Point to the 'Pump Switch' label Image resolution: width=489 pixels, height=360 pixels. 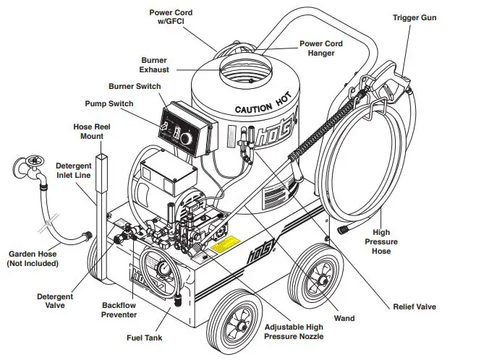pyautogui.click(x=109, y=103)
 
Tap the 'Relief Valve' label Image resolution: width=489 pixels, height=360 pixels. pyautogui.click(x=414, y=307)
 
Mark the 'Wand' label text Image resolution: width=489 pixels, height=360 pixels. pyautogui.click(x=343, y=317)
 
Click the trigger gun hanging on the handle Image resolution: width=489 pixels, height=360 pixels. pyautogui.click(x=391, y=81)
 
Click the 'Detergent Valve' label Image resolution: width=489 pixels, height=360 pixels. pyautogui.click(x=55, y=301)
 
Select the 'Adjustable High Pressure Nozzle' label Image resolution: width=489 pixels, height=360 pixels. pyautogui.click(x=293, y=332)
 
